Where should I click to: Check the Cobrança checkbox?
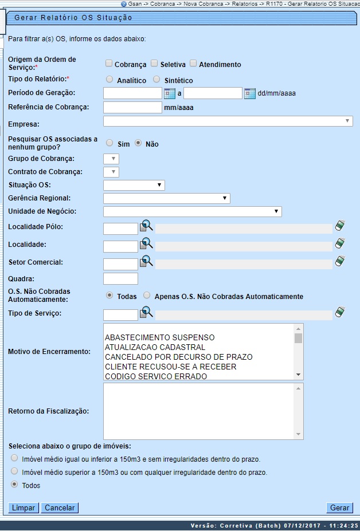pos(109,64)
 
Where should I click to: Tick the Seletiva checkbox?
pos(154,64)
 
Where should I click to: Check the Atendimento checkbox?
pos(193,64)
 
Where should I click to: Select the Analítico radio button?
pos(109,80)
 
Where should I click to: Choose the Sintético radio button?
pos(156,80)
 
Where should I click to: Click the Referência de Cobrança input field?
pos(132,107)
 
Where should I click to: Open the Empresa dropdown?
pos(228,121)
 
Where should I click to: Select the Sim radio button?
pos(109,143)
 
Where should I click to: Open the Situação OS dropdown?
pos(134,185)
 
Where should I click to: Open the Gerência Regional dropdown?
pos(166,198)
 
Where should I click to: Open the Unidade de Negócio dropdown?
pos(192,212)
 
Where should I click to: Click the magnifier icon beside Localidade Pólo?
pos(146,227)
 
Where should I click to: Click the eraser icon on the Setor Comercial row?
pos(340,262)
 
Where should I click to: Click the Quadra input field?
pos(120,279)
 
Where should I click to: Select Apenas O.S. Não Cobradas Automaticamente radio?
pos(147,296)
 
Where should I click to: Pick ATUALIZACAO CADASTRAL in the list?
pos(155,347)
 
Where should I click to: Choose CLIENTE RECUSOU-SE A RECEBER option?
pos(170,367)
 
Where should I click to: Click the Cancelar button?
pos(59,508)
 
